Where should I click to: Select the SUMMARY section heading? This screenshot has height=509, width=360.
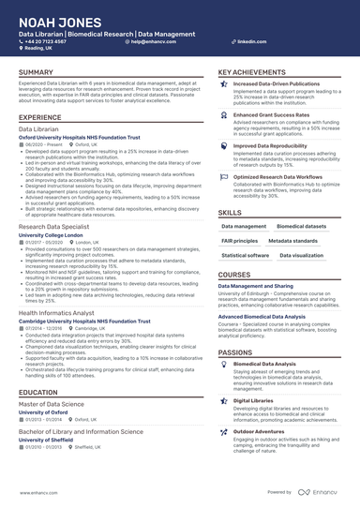click(37, 72)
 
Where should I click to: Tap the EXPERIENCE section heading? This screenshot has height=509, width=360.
click(40, 116)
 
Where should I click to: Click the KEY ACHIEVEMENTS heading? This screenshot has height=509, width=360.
click(253, 72)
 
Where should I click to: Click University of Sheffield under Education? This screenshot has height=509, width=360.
click(49, 439)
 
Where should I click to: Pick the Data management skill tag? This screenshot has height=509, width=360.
click(243, 226)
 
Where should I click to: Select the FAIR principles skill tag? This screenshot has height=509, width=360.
click(240, 240)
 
